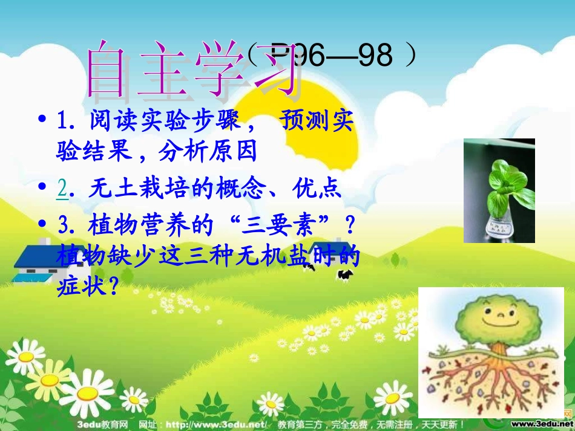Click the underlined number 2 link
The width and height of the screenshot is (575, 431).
pyautogui.click(x=62, y=189)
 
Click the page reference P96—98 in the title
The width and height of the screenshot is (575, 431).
pyautogui.click(x=332, y=56)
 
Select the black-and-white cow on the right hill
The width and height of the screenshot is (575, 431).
pyautogui.click(x=345, y=276)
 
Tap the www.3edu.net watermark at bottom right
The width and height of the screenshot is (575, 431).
pyautogui.click(x=542, y=424)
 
